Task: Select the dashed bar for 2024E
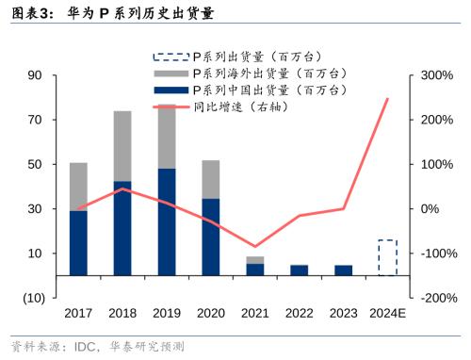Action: (x=387, y=257)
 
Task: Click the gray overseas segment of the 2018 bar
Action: (x=122, y=146)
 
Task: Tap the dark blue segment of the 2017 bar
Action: (x=78, y=243)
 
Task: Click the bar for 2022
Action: (x=299, y=270)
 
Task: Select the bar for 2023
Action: (x=343, y=270)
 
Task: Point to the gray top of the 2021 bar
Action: (x=255, y=260)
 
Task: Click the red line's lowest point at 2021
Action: (x=255, y=247)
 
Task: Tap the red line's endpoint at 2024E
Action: (x=387, y=98)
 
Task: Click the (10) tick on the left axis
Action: (x=33, y=298)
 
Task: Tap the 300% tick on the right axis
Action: (x=437, y=75)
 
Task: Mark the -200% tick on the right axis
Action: (x=439, y=298)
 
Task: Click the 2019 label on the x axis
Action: (x=167, y=314)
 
